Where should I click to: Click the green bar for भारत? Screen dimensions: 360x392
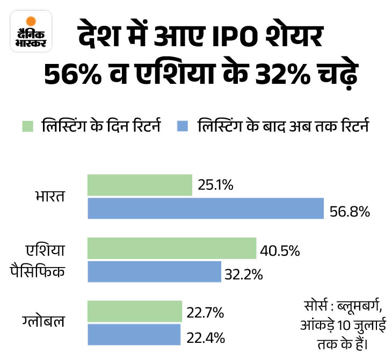140,185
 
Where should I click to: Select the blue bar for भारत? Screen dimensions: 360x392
206,208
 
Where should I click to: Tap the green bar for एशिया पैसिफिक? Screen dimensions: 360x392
172,249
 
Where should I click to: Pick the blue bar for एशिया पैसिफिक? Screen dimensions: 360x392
154,271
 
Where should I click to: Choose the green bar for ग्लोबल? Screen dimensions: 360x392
135,312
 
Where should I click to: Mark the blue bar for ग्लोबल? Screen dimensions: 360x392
134,334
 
